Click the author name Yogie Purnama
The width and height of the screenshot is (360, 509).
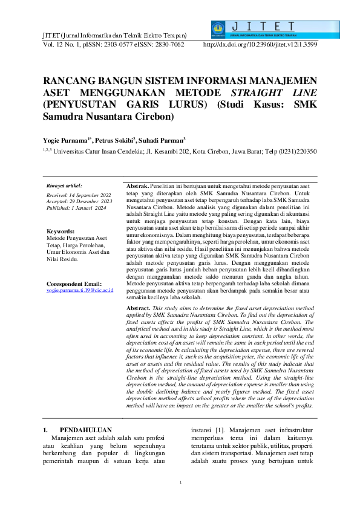(x=66, y=140)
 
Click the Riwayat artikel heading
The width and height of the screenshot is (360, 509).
(x=64, y=186)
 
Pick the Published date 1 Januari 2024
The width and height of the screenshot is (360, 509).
(x=85, y=207)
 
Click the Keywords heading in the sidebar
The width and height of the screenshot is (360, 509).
(x=61, y=232)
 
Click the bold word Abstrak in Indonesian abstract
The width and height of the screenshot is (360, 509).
(x=137, y=185)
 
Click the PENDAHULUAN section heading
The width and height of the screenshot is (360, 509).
(x=88, y=430)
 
